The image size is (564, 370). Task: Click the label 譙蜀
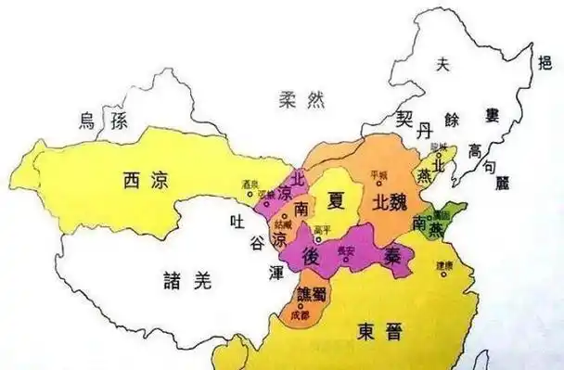coord(310,295)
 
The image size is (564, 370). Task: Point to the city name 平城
coord(378,173)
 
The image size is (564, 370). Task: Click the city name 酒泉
coord(248,184)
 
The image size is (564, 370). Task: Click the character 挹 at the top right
coord(545,62)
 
